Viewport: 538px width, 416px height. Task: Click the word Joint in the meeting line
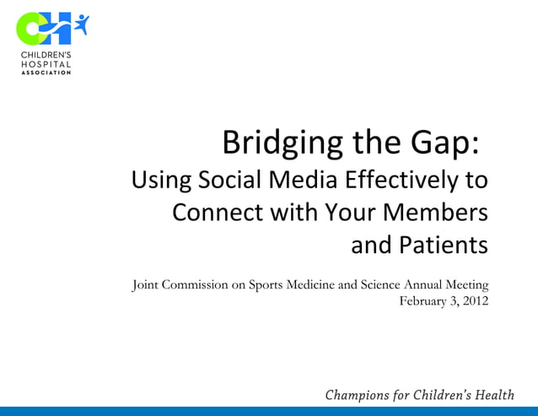click(147, 284)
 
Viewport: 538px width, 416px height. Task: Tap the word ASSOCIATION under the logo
click(46, 73)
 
